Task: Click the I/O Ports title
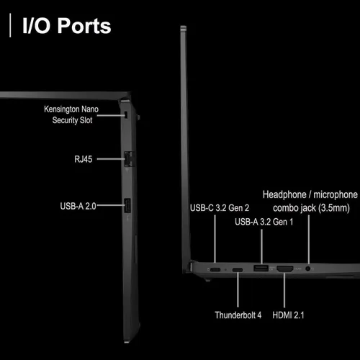coord(67,26)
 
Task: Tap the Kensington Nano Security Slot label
coord(71,114)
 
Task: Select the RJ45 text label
coord(84,159)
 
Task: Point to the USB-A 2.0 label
coord(78,206)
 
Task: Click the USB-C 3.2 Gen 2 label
coord(220,208)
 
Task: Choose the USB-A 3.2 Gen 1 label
coord(264,222)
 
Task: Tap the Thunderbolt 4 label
coord(238,315)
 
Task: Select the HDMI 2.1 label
coord(288,315)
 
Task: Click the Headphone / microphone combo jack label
coord(310,201)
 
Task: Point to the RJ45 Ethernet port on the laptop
coord(128,158)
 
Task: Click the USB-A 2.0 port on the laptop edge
coord(127,205)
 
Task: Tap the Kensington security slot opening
coord(126,114)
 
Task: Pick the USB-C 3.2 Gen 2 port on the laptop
coord(215,269)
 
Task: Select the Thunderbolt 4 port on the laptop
coord(238,270)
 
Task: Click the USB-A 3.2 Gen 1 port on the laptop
coord(261,268)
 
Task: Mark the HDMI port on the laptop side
coord(285,269)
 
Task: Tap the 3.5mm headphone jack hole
coord(308,269)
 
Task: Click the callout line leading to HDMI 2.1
coord(284,289)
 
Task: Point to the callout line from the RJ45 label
coord(111,159)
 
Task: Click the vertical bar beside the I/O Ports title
coord(10,25)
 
